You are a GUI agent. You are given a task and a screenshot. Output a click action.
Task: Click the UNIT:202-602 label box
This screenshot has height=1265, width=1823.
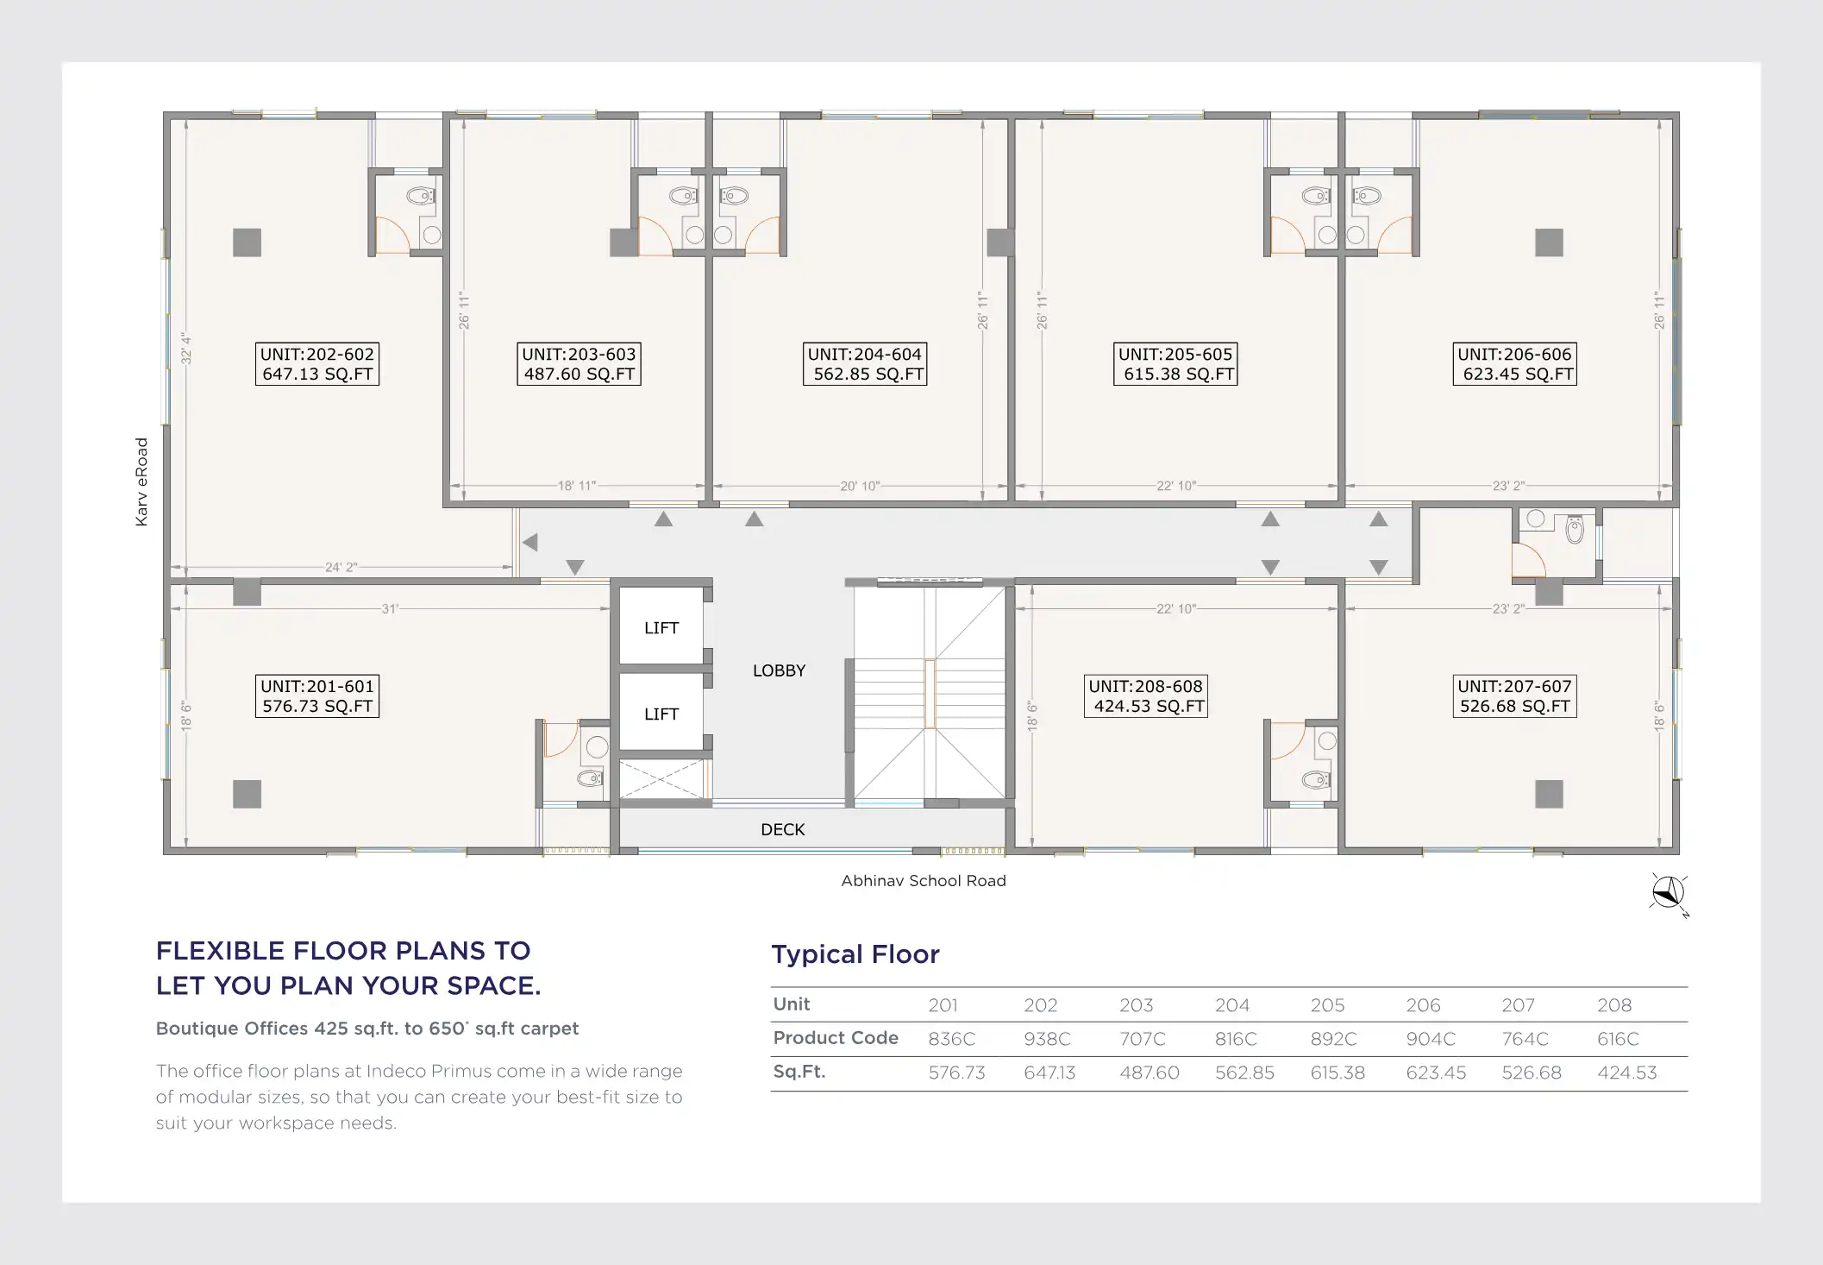click(x=317, y=364)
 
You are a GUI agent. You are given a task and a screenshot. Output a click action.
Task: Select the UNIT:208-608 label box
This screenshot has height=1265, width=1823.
click(x=1146, y=696)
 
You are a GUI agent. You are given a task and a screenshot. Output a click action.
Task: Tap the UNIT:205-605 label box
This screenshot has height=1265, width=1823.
click(x=1175, y=364)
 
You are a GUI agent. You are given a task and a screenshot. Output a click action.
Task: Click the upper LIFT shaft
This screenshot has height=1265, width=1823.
click(x=661, y=626)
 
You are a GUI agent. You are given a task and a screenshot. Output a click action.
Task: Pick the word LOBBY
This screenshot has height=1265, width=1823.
click(x=779, y=670)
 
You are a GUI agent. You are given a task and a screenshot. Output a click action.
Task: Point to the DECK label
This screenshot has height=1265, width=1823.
click(x=782, y=829)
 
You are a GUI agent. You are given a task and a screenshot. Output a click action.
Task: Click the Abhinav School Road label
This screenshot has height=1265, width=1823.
click(x=924, y=881)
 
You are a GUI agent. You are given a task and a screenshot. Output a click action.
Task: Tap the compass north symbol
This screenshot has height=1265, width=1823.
click(x=1669, y=894)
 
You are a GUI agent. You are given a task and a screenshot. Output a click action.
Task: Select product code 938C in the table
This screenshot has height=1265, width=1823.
click(x=1047, y=1039)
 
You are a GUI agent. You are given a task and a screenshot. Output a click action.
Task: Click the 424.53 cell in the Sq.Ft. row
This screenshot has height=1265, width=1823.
click(x=1626, y=1073)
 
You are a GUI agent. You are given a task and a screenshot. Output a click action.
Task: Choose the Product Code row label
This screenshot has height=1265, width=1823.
click(x=836, y=1038)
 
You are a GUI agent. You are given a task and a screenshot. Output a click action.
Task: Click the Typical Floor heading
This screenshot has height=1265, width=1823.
click(x=855, y=954)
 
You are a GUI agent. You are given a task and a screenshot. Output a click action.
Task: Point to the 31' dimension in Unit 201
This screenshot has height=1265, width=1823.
click(x=390, y=609)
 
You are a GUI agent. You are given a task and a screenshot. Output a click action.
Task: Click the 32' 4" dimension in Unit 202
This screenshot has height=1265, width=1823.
click(x=186, y=349)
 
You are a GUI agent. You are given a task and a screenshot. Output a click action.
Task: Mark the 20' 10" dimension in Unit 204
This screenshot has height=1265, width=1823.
click(x=860, y=486)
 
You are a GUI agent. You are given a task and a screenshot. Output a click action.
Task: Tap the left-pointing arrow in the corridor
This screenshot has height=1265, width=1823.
click(x=530, y=543)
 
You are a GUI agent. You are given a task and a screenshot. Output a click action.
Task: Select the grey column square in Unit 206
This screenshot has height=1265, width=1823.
click(x=1549, y=242)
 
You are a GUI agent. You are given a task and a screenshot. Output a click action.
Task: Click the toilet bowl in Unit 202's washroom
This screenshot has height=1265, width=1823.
click(x=420, y=197)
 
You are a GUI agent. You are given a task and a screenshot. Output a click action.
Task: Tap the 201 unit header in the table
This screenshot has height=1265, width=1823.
click(x=943, y=1005)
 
